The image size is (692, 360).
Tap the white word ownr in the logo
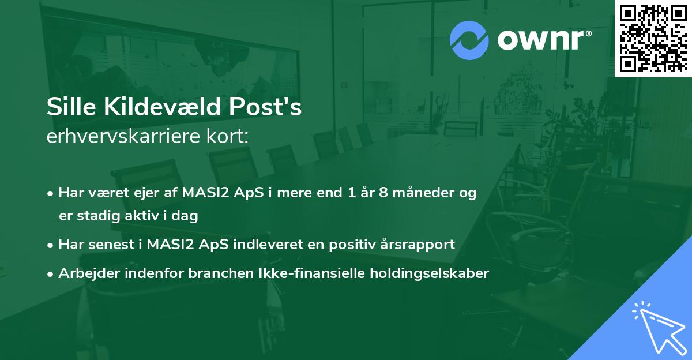click(x=540, y=40)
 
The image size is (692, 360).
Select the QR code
click(x=653, y=38)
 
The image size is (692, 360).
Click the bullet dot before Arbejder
click(x=51, y=274)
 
